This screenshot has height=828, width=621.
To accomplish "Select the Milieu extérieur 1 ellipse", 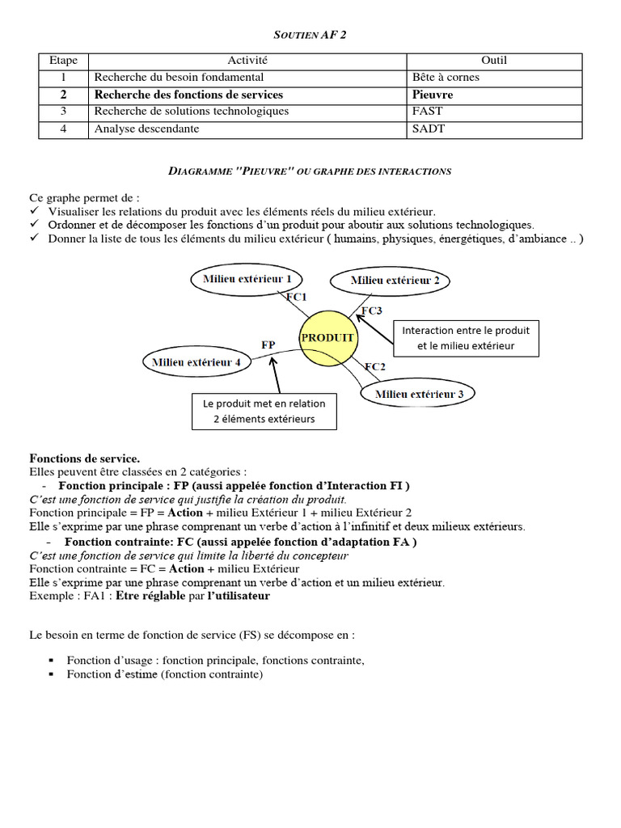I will click(x=247, y=279).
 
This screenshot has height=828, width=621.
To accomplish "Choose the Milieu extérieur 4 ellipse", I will click(x=196, y=362).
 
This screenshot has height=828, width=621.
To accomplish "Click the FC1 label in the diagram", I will click(x=296, y=297).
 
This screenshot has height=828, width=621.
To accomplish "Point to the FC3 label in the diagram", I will click(x=371, y=310).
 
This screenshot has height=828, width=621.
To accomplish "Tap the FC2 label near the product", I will click(x=374, y=366).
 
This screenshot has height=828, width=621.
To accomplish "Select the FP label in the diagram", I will click(x=268, y=344).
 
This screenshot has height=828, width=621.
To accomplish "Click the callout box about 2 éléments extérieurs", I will click(x=264, y=411).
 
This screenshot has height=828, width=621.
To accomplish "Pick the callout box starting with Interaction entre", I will click(x=465, y=338).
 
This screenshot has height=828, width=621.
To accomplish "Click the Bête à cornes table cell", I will click(x=446, y=78).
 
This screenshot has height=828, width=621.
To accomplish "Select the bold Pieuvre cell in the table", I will click(x=433, y=95).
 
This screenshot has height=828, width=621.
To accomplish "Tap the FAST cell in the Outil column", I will click(x=426, y=112).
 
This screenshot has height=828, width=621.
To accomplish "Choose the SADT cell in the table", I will click(x=428, y=129).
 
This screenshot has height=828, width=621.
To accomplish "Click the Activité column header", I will click(x=247, y=61).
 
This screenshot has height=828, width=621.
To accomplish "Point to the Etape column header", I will click(x=63, y=61).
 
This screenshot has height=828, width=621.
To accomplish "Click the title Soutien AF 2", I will click(x=310, y=34).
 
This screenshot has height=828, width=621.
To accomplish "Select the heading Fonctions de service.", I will click(x=85, y=458).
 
